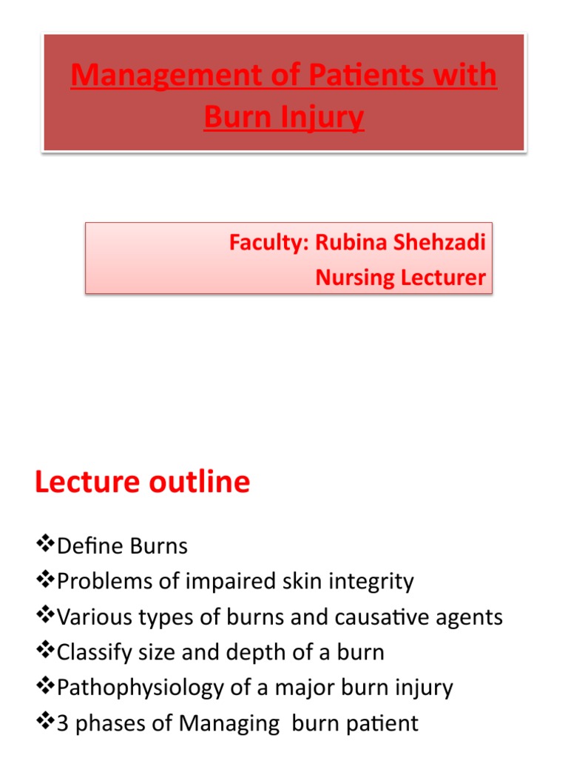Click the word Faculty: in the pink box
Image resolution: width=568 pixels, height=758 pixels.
268,243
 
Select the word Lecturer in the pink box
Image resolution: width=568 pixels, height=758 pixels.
443,278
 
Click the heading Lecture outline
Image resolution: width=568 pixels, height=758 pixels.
142,483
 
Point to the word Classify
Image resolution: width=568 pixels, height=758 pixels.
92,653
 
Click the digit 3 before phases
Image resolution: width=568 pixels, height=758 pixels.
63,723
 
